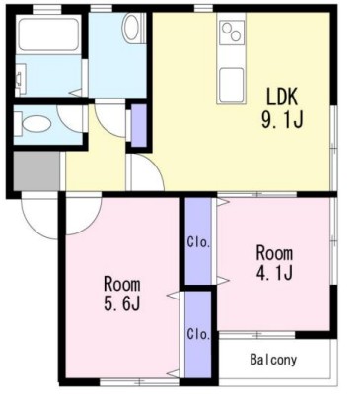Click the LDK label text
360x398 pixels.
[282, 97]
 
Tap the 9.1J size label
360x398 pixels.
[282, 119]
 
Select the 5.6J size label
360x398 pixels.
[122, 302]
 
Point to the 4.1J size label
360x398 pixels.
[274, 272]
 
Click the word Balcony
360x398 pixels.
[273, 360]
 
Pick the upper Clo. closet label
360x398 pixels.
[198, 242]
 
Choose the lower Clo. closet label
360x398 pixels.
[198, 334]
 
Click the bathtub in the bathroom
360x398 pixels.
[48, 34]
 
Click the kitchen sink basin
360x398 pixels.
[232, 82]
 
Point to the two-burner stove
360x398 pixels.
[233, 33]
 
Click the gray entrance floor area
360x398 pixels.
[36, 170]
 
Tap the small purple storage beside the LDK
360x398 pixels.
[139, 125]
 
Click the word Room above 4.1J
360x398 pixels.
[274, 253]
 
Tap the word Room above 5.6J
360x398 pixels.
[122, 285]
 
